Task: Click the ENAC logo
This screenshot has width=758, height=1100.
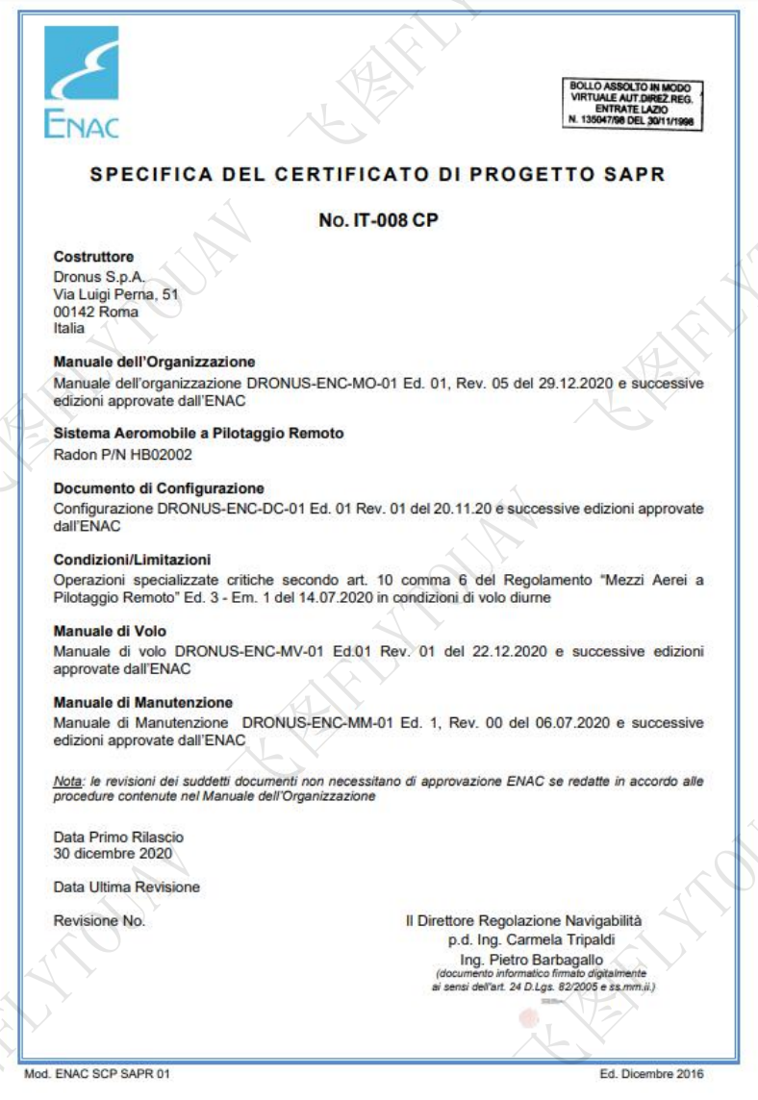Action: pyautogui.click(x=82, y=82)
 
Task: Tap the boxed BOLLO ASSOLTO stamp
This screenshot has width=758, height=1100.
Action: pyautogui.click(x=631, y=105)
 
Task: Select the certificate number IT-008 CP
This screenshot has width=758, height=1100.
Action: pyautogui.click(x=379, y=220)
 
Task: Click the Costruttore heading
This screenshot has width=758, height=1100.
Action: pyautogui.click(x=93, y=257)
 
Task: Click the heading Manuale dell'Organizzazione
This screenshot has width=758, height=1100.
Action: pyautogui.click(x=154, y=362)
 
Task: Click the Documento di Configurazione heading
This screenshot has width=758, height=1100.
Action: pyautogui.click(x=158, y=488)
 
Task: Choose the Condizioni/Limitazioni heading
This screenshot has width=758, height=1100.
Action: pyautogui.click(x=132, y=560)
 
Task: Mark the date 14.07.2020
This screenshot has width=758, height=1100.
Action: pyautogui.click(x=303, y=597)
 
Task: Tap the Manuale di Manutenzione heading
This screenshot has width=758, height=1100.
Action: pyautogui.click(x=142, y=703)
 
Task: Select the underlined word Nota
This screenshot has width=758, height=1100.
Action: pyautogui.click(x=66, y=782)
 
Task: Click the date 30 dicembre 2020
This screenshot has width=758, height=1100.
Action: pyautogui.click(x=113, y=853)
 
